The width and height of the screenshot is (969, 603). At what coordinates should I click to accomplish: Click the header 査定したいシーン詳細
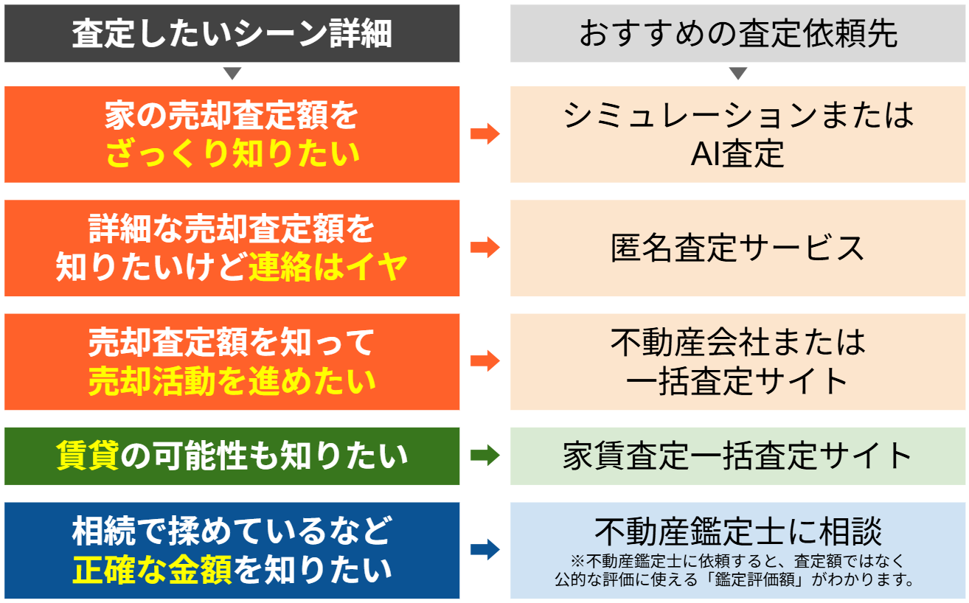[232, 34]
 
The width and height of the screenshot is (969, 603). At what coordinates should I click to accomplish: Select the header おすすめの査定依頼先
[738, 34]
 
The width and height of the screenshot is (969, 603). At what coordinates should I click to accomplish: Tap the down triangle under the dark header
[232, 74]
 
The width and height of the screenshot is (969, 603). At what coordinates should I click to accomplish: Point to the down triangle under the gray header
[738, 74]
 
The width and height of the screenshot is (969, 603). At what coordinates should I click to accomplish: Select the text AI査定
[737, 154]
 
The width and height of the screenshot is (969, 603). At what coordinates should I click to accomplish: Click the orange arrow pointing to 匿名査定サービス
[485, 248]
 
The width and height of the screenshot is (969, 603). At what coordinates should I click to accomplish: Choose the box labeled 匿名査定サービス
[738, 248]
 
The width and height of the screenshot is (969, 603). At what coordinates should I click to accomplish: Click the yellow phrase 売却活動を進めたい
[232, 382]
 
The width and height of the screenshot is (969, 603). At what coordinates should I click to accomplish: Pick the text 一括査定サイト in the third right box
[737, 381]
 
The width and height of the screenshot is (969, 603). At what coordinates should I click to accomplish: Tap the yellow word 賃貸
[87, 456]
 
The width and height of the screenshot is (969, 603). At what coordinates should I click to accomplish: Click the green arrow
[485, 456]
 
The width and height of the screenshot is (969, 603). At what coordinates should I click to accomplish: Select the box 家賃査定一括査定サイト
[738, 456]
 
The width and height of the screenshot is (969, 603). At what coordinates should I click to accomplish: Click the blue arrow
[485, 550]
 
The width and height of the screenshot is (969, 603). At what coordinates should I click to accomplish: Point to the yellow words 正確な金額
[153, 570]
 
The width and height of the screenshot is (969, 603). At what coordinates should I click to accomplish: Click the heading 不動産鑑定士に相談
[738, 531]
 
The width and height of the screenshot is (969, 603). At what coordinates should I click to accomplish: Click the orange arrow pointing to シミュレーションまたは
[485, 133]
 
